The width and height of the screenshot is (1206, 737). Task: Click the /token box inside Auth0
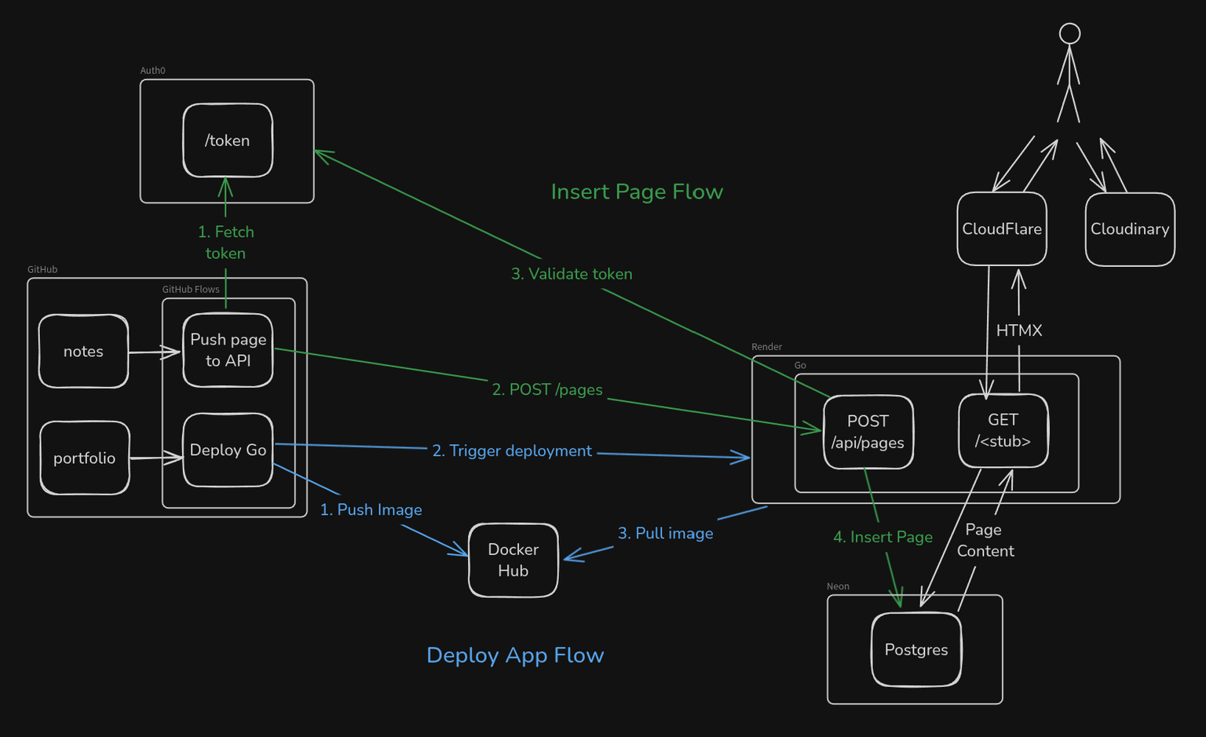coord(228,140)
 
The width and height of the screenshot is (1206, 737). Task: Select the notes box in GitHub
coord(83,352)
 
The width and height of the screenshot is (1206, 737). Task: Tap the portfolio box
coord(85,458)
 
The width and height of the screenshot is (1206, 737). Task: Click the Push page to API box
coord(228,350)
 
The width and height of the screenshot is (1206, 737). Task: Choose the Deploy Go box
coord(228,451)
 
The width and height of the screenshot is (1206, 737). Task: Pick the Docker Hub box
coord(513,560)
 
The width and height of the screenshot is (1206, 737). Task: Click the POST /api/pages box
coord(868,432)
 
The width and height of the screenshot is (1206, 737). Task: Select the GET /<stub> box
coord(1003,431)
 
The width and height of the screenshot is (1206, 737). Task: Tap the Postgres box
coord(916,650)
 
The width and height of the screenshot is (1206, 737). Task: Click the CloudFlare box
coord(1002,229)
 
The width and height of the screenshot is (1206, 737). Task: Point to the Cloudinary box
coord(1130,229)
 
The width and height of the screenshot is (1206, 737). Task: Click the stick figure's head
coord(1069,34)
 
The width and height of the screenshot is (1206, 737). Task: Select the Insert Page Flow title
coord(637,192)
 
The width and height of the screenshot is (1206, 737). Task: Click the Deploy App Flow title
coord(515,655)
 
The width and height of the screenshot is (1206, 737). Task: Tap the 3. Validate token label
coord(572,274)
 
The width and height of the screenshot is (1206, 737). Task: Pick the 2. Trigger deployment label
coord(512,451)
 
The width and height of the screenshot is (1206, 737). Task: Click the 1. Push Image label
coord(371,510)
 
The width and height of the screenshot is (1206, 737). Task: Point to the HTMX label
coord(1019,330)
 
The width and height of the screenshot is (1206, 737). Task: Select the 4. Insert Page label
coord(883,538)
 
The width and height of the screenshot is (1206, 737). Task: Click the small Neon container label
coord(838,586)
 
